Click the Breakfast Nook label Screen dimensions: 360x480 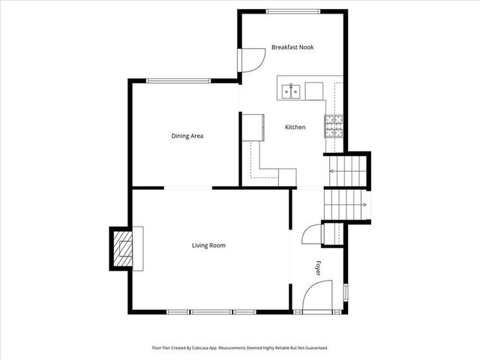(292, 47)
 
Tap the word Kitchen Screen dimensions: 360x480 (295, 127)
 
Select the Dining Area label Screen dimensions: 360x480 (187, 136)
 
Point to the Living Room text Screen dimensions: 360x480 (208, 245)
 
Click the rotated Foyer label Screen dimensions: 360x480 (318, 268)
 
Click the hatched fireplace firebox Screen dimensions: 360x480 (121, 248)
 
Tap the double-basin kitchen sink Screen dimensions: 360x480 (291, 91)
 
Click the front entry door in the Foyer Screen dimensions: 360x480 (316, 300)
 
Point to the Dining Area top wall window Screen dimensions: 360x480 (178, 81)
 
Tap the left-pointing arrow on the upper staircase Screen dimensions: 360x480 (332, 171)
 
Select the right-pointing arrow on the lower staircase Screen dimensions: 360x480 (363, 204)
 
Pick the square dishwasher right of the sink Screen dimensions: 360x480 (313, 91)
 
